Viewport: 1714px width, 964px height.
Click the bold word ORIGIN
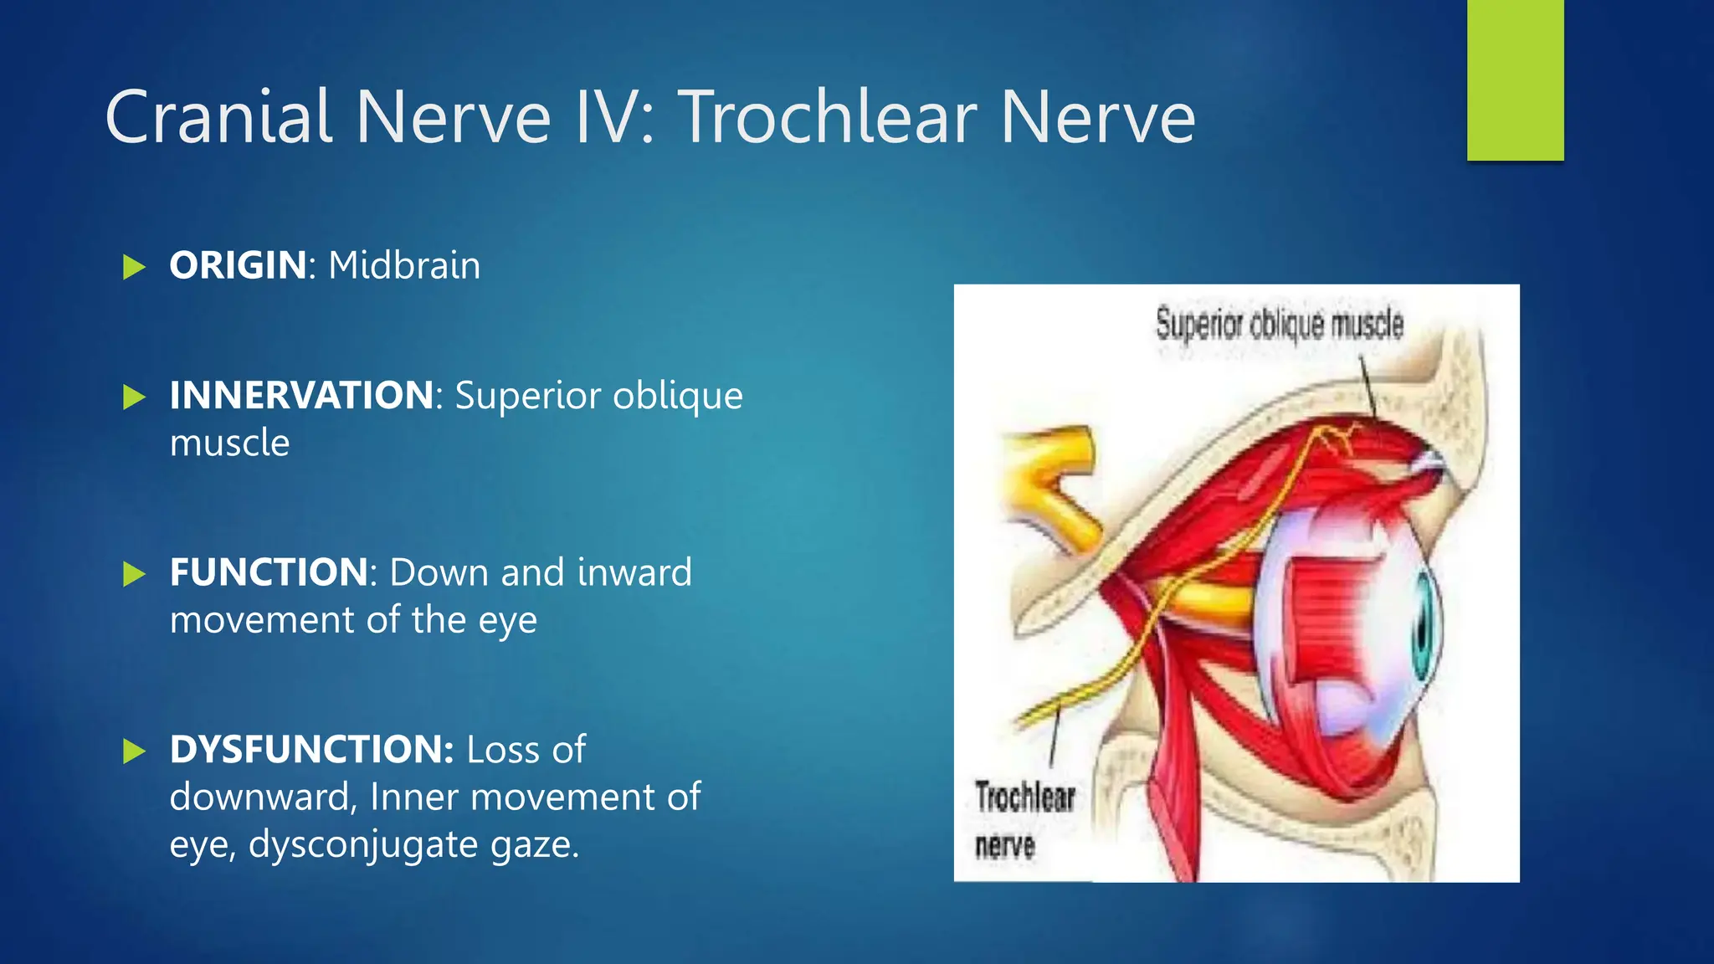coord(238,265)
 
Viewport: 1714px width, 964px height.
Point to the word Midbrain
coord(404,265)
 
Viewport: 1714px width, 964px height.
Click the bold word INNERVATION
coord(301,395)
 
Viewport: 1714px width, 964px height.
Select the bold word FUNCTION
coord(268,572)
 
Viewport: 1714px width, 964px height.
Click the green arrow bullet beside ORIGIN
coord(134,267)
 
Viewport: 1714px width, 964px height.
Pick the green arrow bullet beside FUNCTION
coord(134,574)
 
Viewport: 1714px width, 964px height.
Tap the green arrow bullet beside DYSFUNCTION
coord(134,751)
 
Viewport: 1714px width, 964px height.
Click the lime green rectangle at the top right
coord(1515,79)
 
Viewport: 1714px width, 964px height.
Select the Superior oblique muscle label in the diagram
coord(1279,324)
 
